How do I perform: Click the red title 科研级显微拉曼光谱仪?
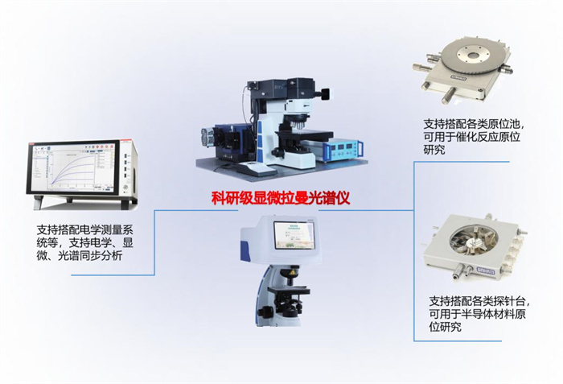[281, 198]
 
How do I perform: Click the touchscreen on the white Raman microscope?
[294, 235]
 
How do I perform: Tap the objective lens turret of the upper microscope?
[298, 123]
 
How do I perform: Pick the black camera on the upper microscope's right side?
[325, 94]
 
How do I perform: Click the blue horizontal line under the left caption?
[113, 275]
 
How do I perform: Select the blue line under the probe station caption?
[458, 341]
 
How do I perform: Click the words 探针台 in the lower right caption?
[509, 301]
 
